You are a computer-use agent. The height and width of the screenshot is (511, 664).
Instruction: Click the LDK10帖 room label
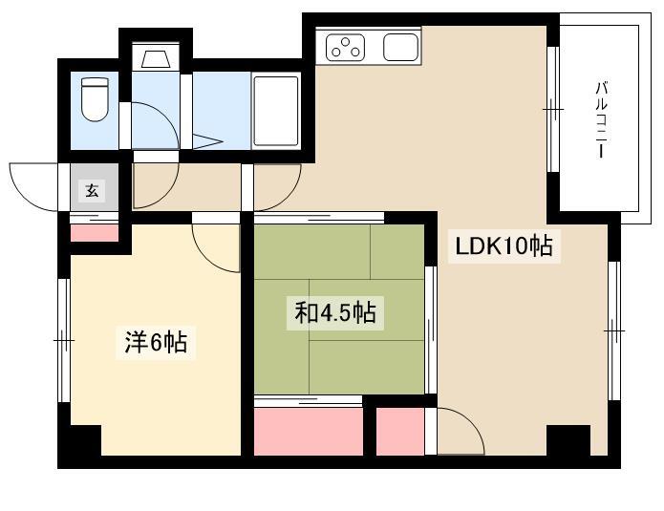[x=503, y=246]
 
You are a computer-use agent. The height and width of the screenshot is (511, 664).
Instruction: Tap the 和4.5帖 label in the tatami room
[x=335, y=313]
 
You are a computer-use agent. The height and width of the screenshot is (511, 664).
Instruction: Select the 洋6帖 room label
[x=156, y=342]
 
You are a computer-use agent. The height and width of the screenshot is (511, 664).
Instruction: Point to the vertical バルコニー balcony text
[x=601, y=119]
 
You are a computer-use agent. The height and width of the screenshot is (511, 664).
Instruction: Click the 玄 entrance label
[x=93, y=190]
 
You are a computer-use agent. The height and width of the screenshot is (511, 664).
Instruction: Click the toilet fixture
[x=95, y=99]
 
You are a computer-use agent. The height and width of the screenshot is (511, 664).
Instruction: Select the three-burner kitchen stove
[x=346, y=48]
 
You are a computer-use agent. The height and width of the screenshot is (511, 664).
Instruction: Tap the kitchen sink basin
[x=400, y=48]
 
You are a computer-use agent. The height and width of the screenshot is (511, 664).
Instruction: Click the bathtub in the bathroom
[x=276, y=111]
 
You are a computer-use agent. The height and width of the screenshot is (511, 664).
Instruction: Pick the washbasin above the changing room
[x=156, y=57]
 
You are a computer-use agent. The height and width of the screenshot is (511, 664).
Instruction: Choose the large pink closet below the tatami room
[x=309, y=432]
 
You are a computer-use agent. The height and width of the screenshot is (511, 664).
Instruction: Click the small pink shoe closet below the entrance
[x=94, y=233]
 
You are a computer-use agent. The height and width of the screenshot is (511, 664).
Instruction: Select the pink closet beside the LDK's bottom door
[x=400, y=432]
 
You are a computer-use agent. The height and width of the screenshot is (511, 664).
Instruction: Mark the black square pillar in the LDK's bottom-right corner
[x=568, y=440]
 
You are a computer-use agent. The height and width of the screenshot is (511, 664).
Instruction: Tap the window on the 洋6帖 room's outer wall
[x=64, y=340]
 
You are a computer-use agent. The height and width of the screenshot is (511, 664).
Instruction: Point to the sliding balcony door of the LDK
[x=553, y=109]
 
